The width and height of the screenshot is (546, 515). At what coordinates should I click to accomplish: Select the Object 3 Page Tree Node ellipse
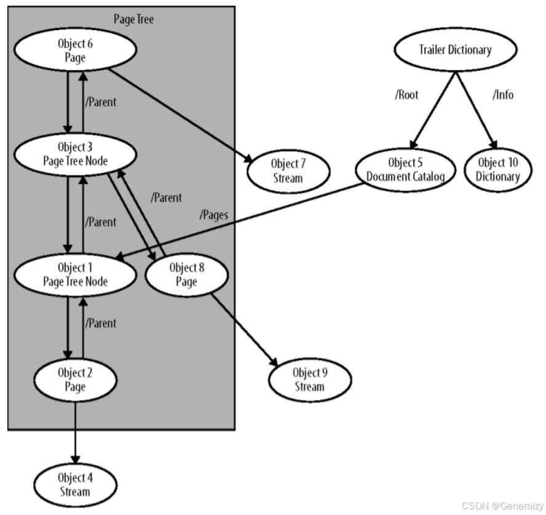tap(74, 154)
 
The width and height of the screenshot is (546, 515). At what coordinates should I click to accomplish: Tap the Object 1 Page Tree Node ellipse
tap(74, 275)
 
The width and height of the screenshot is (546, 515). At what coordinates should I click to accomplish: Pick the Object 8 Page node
tap(186, 275)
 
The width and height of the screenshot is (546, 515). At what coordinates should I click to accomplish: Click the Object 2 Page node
tap(74, 380)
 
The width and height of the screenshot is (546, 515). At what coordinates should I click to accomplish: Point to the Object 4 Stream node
tap(74, 485)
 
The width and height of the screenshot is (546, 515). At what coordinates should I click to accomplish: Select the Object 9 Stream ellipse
tap(309, 380)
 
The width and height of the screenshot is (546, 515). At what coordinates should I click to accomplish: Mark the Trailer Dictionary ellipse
tap(454, 50)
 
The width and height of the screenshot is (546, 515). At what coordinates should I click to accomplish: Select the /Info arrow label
tap(502, 95)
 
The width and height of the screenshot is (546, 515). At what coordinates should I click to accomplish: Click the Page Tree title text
tap(133, 19)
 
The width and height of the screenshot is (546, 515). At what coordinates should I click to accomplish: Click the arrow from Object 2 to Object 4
tap(75, 431)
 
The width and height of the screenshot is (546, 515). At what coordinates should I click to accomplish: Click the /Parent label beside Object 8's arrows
tap(165, 198)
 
